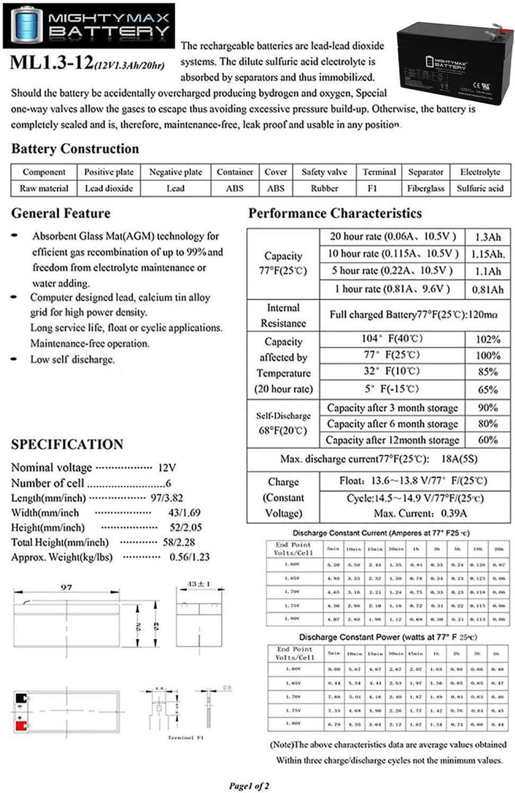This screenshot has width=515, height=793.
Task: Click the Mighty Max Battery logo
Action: coord(89,25)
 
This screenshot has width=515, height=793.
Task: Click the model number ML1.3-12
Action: coord(52,63)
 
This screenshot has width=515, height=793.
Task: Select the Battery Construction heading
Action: coord(75,149)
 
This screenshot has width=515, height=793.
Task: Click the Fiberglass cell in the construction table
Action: coord(425,188)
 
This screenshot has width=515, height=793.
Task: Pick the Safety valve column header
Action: coord(324,172)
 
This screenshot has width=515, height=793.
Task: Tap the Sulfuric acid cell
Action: coord(480,188)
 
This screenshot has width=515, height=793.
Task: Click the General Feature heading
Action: coord(61,214)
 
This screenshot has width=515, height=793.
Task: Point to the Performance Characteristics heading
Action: coord(335,214)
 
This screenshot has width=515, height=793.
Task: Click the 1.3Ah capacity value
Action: coord(488,237)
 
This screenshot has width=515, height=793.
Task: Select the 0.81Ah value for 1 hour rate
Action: coord(488,290)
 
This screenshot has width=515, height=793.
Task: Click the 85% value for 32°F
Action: coord(488,372)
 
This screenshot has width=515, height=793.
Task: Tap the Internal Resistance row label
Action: coord(283,316)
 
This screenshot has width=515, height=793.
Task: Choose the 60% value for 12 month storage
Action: coord(488,440)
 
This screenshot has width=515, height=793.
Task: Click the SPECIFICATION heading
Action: coord(67,445)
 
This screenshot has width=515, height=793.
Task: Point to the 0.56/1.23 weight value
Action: coord(189,557)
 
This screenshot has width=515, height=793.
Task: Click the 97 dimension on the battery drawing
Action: coord(66,587)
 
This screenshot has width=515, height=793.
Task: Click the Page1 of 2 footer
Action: coord(249,786)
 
